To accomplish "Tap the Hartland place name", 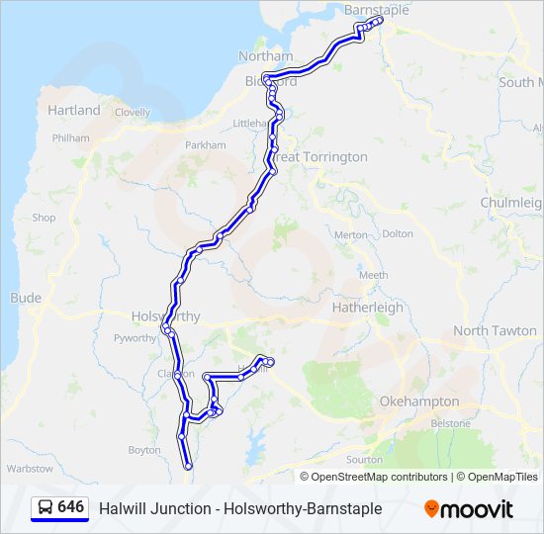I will (x=74, y=110).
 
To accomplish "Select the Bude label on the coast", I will (x=26, y=297).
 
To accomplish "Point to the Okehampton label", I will (x=419, y=401).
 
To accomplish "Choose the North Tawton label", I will (x=495, y=330).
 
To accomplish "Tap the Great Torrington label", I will (x=320, y=157).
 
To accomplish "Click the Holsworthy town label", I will (x=165, y=316).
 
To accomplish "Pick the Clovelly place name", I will (x=133, y=114).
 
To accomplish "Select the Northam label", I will (x=261, y=55).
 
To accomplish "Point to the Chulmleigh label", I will (x=510, y=203).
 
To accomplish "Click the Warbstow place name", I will (x=30, y=468).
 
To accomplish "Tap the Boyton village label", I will (x=143, y=450).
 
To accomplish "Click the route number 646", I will (x=71, y=507).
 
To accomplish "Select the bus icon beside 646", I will (x=45, y=508).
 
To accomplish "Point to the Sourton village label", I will (x=364, y=459).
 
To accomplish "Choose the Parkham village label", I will (x=206, y=144).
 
